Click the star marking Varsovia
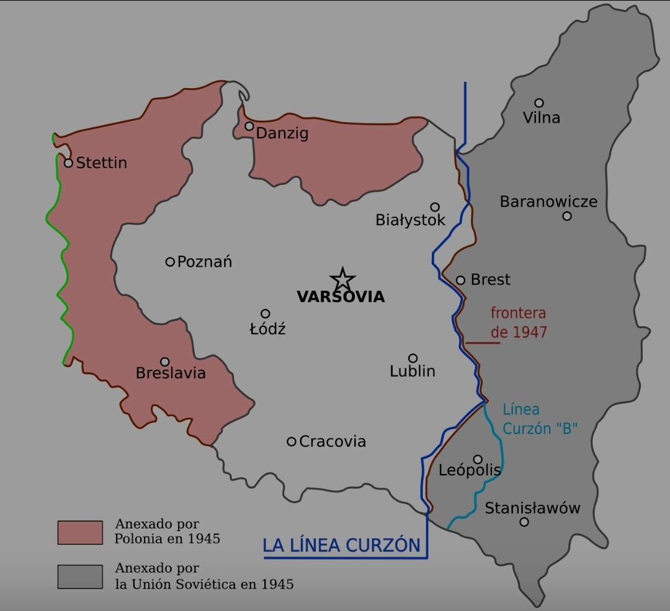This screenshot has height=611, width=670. point(342,279)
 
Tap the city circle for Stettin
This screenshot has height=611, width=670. point(69,163)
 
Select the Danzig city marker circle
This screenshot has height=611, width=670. point(249,126)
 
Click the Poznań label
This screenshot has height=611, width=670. point(205,262)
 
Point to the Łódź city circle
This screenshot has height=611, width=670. point(265,314)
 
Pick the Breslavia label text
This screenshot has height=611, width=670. point(171,373)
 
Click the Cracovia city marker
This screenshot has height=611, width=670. point(292,442)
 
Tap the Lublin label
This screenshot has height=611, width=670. point(413,371)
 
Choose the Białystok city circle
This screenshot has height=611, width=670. point(435,207)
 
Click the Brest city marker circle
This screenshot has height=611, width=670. point(460,280)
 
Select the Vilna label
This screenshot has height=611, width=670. point(542,118)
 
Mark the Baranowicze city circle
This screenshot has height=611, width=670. point(567,216)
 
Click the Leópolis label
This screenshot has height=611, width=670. point(470,470)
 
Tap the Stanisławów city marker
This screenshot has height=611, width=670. point(524,522)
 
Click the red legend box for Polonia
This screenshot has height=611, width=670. point(80,532)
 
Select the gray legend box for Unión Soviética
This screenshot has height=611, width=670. point(80,576)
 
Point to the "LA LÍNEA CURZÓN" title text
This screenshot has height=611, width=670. point(341,545)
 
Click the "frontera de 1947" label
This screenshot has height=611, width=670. point(519,323)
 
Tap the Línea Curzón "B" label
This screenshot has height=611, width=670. point(540,419)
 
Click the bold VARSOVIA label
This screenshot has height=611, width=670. point(341,297)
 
